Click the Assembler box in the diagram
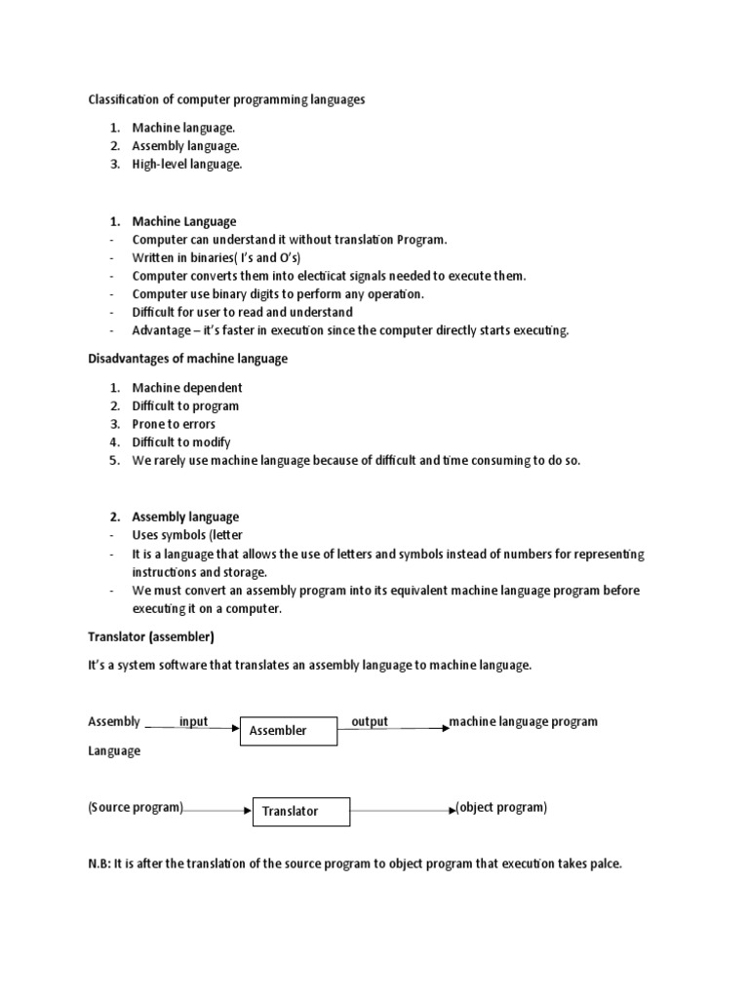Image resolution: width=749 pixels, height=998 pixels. pyautogui.click(x=289, y=730)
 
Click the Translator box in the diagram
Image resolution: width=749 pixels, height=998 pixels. pyautogui.click(x=301, y=810)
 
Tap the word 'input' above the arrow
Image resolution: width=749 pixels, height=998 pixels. pyautogui.click(x=193, y=721)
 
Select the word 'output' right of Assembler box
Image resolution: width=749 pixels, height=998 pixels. pyautogui.click(x=370, y=721)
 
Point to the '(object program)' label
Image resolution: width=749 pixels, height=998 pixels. pyautogui.click(x=501, y=808)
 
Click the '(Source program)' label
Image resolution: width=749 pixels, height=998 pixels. pyautogui.click(x=136, y=808)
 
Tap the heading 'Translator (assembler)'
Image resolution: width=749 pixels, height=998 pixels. pyautogui.click(x=151, y=637)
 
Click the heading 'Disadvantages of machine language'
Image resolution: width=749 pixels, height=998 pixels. pyautogui.click(x=188, y=359)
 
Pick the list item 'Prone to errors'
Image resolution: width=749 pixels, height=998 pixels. pyautogui.click(x=174, y=424)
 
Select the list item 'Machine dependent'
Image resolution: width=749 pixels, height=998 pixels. pyautogui.click(x=187, y=387)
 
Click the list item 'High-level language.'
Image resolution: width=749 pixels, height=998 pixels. pyautogui.click(x=187, y=165)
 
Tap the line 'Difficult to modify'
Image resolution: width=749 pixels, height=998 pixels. pyautogui.click(x=181, y=442)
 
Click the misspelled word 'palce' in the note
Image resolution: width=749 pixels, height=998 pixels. pyautogui.click(x=606, y=863)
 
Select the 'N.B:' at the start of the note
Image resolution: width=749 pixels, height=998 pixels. pyautogui.click(x=99, y=863)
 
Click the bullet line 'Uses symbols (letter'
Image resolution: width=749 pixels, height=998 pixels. pyautogui.click(x=187, y=535)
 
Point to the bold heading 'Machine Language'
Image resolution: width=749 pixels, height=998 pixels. pyautogui.click(x=184, y=221)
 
